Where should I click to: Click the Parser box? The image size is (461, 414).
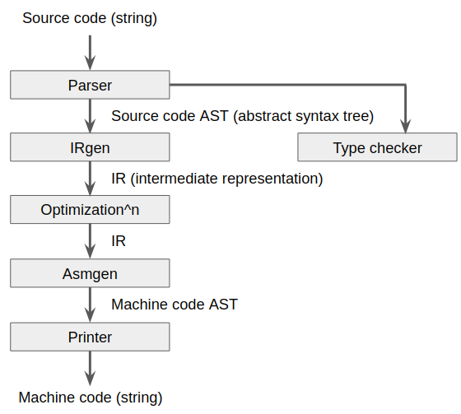coord(90,85)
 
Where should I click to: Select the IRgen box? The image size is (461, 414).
coord(90,148)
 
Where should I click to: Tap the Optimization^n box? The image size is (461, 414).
coord(90,210)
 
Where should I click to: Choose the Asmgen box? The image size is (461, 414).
coord(90,273)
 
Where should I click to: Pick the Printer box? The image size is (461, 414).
coord(90,337)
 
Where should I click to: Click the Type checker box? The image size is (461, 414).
coord(377,148)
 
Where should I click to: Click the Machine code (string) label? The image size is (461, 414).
coord(91,398)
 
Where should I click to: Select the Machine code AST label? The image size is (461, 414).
coord(175,305)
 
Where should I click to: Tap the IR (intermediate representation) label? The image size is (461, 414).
coord(217,178)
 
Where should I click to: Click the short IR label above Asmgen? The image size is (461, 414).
coord(119,241)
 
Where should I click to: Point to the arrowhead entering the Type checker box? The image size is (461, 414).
coord(406,125)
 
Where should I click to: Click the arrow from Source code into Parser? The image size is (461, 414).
coord(90,52)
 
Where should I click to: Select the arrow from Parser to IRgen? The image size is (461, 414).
coord(90,116)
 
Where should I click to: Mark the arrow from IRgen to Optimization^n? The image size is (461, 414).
coord(90,179)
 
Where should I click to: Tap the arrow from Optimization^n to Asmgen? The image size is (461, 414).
coord(90,242)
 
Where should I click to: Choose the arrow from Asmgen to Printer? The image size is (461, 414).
coord(90,305)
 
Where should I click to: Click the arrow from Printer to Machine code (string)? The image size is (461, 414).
coord(90,368)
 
